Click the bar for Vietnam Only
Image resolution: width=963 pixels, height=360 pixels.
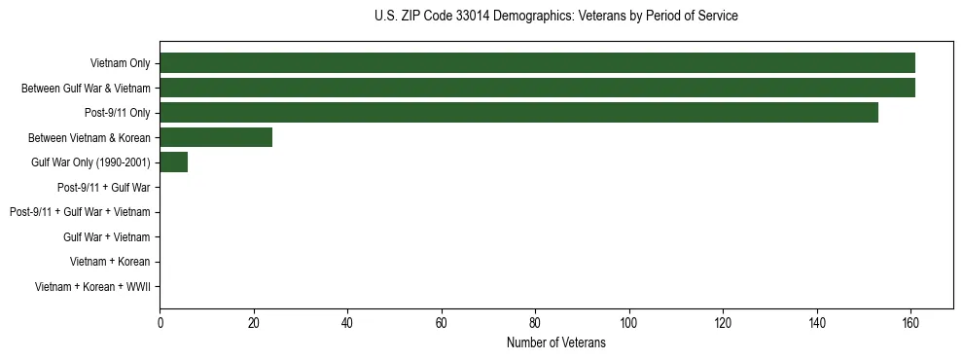tap(537, 63)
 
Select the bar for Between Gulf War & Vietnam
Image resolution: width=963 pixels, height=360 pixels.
tap(537, 89)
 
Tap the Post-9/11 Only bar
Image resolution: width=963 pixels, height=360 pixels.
tap(518, 113)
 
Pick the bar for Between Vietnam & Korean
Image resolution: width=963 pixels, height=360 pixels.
tap(216, 137)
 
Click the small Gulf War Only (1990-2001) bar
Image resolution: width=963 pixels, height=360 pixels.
tap(173, 162)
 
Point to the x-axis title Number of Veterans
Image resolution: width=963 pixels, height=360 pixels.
tap(555, 342)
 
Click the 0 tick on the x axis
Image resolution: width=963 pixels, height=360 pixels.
tap(160, 322)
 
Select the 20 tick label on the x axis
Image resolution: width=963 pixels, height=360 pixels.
tap(254, 322)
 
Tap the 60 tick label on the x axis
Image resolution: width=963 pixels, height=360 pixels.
tap(442, 322)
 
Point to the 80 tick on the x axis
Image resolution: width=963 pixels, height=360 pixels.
tap(535, 322)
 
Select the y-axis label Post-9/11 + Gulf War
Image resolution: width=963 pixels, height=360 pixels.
tap(103, 187)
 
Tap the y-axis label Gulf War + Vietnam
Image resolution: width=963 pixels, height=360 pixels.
tap(106, 236)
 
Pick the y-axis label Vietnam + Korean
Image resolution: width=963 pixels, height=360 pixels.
tap(110, 262)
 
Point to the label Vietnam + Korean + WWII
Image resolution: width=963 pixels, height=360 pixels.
tap(92, 286)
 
